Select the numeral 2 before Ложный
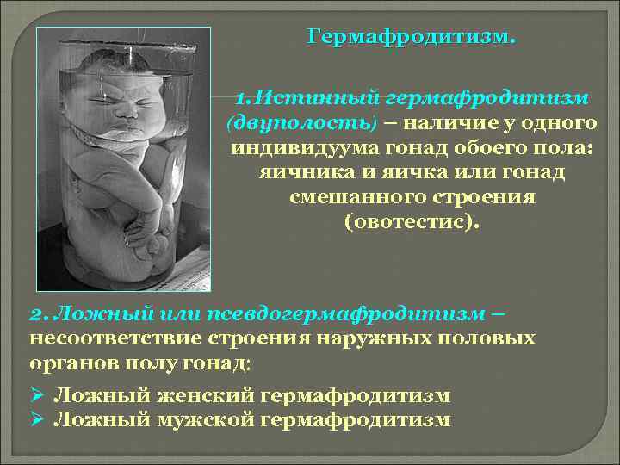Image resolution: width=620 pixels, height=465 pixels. [34, 312]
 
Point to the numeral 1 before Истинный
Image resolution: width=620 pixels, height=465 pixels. [242, 97]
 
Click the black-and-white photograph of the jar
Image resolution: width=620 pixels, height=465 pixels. [123, 159]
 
